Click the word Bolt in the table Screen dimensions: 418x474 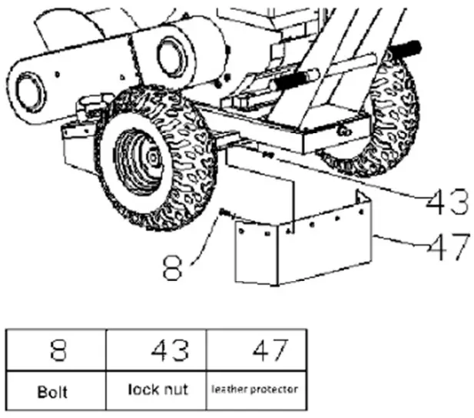[55, 391]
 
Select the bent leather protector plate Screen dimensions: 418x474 [300, 246]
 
